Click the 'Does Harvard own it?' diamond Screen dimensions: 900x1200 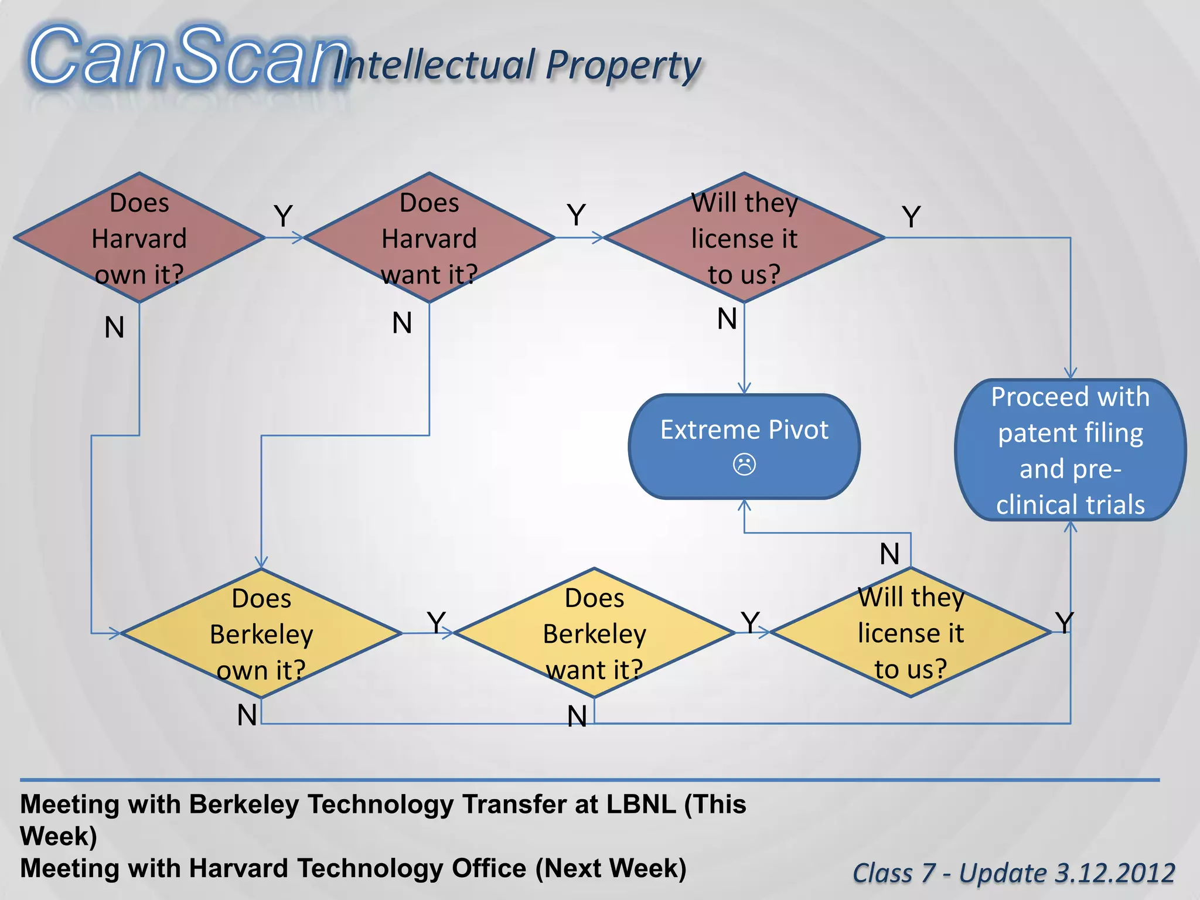[x=139, y=238]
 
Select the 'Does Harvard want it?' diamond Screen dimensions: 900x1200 [x=429, y=238]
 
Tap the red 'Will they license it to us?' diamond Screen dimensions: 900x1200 [x=744, y=238]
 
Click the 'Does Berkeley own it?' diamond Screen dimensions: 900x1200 [x=261, y=633]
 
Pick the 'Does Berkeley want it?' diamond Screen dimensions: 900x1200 [x=594, y=633]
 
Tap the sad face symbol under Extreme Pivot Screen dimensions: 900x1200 [x=744, y=465]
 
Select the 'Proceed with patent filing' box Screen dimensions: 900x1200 [x=1070, y=450]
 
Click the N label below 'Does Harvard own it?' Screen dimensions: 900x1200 [x=114, y=327]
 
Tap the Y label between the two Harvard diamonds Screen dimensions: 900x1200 [x=283, y=216]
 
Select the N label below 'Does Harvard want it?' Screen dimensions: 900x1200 [x=402, y=323]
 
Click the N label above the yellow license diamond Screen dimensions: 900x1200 [x=889, y=554]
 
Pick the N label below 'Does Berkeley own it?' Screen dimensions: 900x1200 [x=247, y=715]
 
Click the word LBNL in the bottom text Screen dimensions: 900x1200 [x=641, y=804]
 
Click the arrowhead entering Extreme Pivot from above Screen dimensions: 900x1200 [x=744, y=388]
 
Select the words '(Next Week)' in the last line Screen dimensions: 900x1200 [x=611, y=868]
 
